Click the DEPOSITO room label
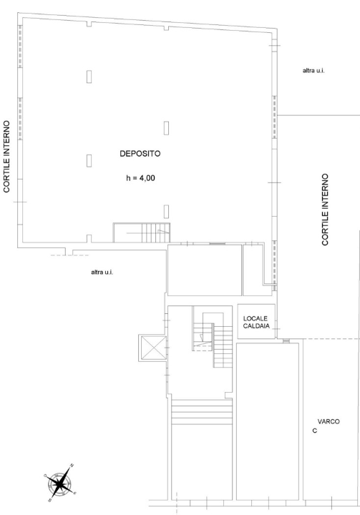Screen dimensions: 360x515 click(140, 153)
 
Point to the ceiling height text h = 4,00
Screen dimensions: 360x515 click(140, 178)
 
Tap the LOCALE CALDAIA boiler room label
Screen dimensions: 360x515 click(256, 322)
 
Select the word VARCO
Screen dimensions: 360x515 click(329, 421)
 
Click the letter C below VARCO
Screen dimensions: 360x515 click(315, 431)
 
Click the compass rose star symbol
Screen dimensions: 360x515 click(60, 484)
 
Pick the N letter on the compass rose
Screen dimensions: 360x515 click(72, 465)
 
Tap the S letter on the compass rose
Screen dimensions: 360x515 click(49, 501)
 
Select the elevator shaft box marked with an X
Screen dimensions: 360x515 click(153, 348)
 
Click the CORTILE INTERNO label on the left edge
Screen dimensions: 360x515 click(7, 157)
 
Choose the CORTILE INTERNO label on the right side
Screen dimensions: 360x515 click(325, 210)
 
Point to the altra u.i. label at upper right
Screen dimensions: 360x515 click(313, 70)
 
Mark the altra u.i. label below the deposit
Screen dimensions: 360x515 click(102, 272)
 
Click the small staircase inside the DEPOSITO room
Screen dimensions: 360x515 click(142, 232)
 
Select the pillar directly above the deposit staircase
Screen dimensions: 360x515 click(166, 212)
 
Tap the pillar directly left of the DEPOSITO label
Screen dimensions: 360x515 click(89, 161)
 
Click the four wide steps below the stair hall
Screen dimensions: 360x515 click(202, 412)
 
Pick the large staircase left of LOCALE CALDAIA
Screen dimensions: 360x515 click(213, 340)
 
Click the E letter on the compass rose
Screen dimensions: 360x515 click(75, 494)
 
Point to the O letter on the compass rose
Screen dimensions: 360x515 click(45, 475)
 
